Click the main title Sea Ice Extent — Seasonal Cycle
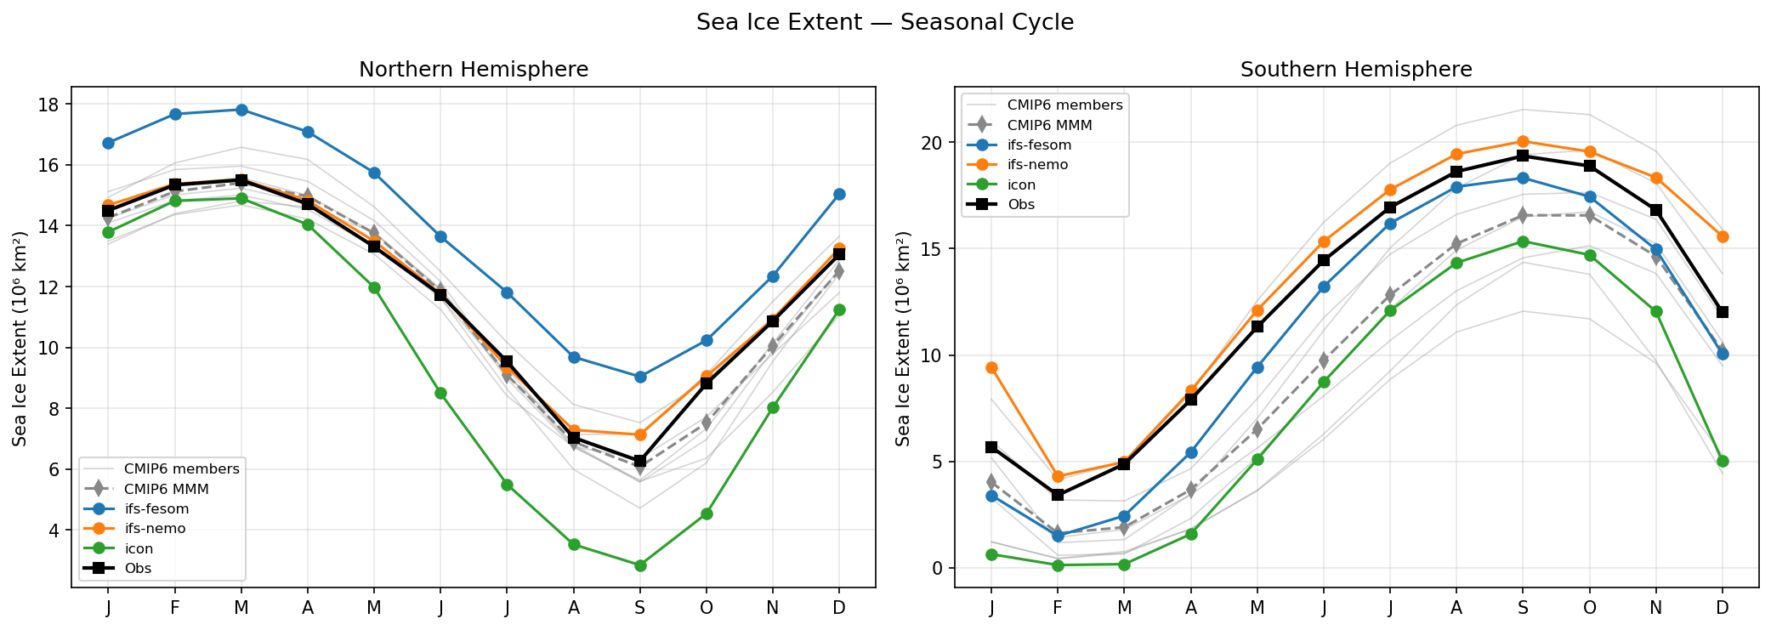tap(884, 22)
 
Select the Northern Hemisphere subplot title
tap(474, 70)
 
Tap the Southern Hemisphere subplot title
tap(1356, 70)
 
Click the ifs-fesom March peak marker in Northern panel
tap(241, 110)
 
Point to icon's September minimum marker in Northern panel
tap(640, 565)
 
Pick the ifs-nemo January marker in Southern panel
tap(991, 367)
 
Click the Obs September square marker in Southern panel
tap(1523, 156)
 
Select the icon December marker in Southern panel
tap(1723, 461)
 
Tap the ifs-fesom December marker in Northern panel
tap(839, 194)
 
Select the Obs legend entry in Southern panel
tap(1021, 204)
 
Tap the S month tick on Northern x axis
tap(640, 608)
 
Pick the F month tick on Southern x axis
tap(1058, 608)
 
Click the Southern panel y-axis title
tap(903, 338)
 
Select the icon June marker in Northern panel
tap(440, 393)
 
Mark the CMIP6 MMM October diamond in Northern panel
tap(707, 422)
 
